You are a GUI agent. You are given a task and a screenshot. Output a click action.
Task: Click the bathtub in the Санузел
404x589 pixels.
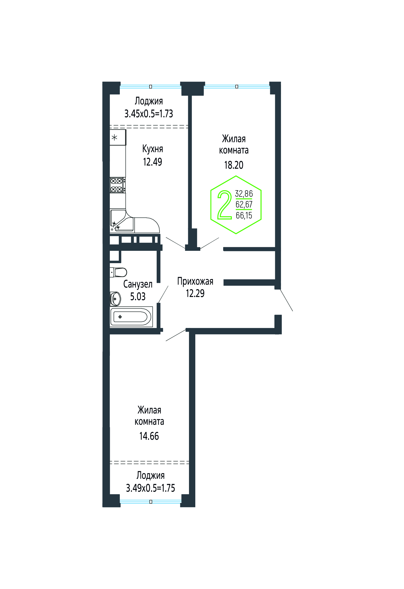click(131, 317)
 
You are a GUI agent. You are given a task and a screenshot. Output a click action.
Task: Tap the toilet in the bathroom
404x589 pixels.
click(119, 272)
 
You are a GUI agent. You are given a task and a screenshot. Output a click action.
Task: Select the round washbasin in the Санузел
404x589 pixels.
click(115, 299)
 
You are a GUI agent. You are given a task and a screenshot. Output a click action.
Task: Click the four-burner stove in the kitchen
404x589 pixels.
click(117, 185)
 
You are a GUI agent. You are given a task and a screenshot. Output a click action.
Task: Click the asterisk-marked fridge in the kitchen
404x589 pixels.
click(118, 137)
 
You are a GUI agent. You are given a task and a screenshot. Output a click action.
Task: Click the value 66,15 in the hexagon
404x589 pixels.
click(244, 215)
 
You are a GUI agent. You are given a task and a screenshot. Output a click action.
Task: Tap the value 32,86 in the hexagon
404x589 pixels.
click(244, 194)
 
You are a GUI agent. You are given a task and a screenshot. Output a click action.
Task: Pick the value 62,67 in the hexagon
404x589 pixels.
click(244, 204)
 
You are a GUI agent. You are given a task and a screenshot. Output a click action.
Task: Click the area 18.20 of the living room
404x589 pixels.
click(234, 165)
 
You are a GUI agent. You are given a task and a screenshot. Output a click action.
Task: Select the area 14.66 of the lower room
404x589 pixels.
click(149, 436)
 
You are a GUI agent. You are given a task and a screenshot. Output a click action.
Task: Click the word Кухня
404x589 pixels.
click(153, 149)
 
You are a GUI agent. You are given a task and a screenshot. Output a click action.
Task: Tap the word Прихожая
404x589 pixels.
click(195, 281)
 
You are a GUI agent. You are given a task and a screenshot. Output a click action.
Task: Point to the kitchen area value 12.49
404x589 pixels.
click(152, 162)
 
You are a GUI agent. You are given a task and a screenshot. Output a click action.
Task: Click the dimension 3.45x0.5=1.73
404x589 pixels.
click(149, 114)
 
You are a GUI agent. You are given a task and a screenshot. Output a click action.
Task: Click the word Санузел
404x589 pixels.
click(138, 284)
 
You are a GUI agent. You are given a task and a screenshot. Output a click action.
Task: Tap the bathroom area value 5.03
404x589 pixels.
click(138, 296)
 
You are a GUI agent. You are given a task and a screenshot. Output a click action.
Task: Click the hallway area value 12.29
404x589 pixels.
click(195, 293)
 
